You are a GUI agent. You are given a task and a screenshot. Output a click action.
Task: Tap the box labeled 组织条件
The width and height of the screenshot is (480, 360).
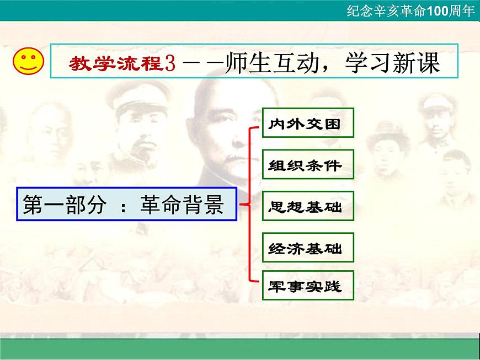pyautogui.click(x=307, y=165)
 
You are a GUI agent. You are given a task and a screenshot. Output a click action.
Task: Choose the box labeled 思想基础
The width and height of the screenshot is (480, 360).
pyautogui.click(x=307, y=207)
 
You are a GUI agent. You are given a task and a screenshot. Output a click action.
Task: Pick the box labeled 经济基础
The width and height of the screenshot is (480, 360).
pyautogui.click(x=307, y=248)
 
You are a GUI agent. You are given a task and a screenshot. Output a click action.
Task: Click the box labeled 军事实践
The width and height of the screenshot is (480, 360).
pyautogui.click(x=307, y=286)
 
